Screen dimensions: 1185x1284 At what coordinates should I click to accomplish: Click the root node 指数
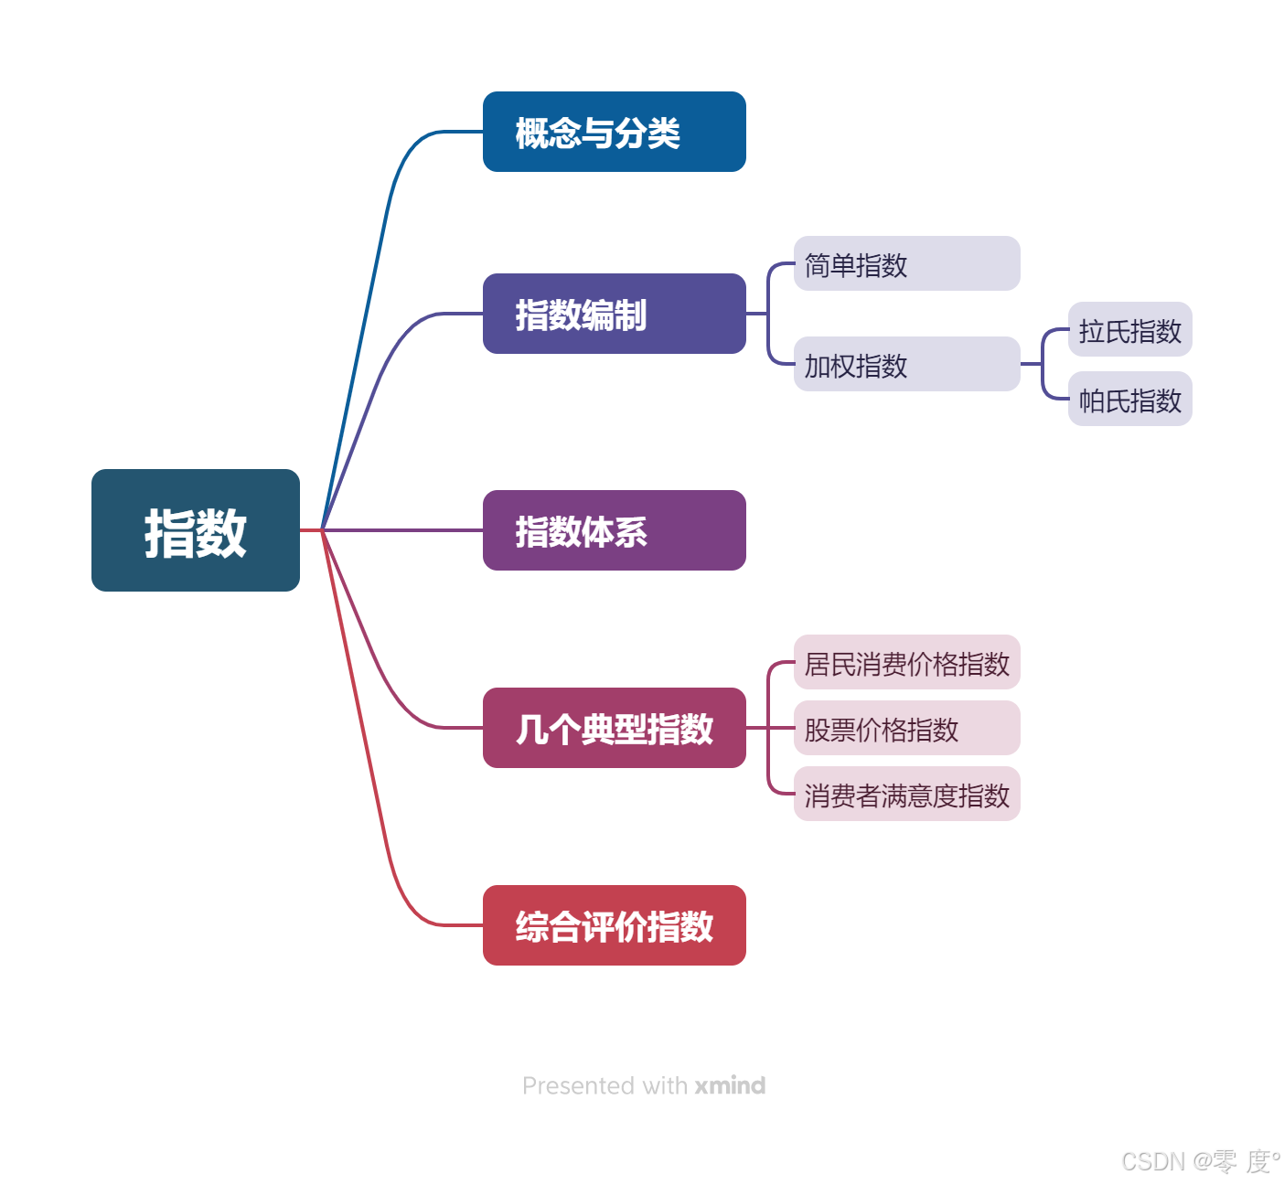tap(195, 530)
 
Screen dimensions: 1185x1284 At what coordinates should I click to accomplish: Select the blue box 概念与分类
tap(614, 132)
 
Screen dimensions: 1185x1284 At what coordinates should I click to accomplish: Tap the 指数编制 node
tap(614, 314)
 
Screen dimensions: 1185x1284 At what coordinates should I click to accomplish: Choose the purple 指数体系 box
tap(614, 530)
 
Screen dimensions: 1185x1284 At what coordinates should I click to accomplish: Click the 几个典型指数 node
tap(614, 728)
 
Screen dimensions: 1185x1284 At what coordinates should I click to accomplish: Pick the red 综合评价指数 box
tap(614, 925)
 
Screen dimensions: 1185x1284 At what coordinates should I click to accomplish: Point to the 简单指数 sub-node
tap(906, 263)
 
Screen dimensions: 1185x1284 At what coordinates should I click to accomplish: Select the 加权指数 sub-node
tap(906, 364)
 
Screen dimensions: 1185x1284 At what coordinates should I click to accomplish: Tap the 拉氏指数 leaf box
tap(1129, 329)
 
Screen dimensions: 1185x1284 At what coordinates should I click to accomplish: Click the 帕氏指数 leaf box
tap(1129, 399)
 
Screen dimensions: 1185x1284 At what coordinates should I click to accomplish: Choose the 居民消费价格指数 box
tap(906, 662)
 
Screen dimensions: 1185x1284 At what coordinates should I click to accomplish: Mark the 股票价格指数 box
tap(906, 728)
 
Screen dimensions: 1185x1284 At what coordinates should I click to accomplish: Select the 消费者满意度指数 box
tap(906, 794)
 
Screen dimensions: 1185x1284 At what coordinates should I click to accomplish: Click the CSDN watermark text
tap(1199, 1160)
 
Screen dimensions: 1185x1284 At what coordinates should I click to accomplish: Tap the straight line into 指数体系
tap(402, 530)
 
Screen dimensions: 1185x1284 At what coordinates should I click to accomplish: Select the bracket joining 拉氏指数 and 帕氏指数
tap(1043, 364)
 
